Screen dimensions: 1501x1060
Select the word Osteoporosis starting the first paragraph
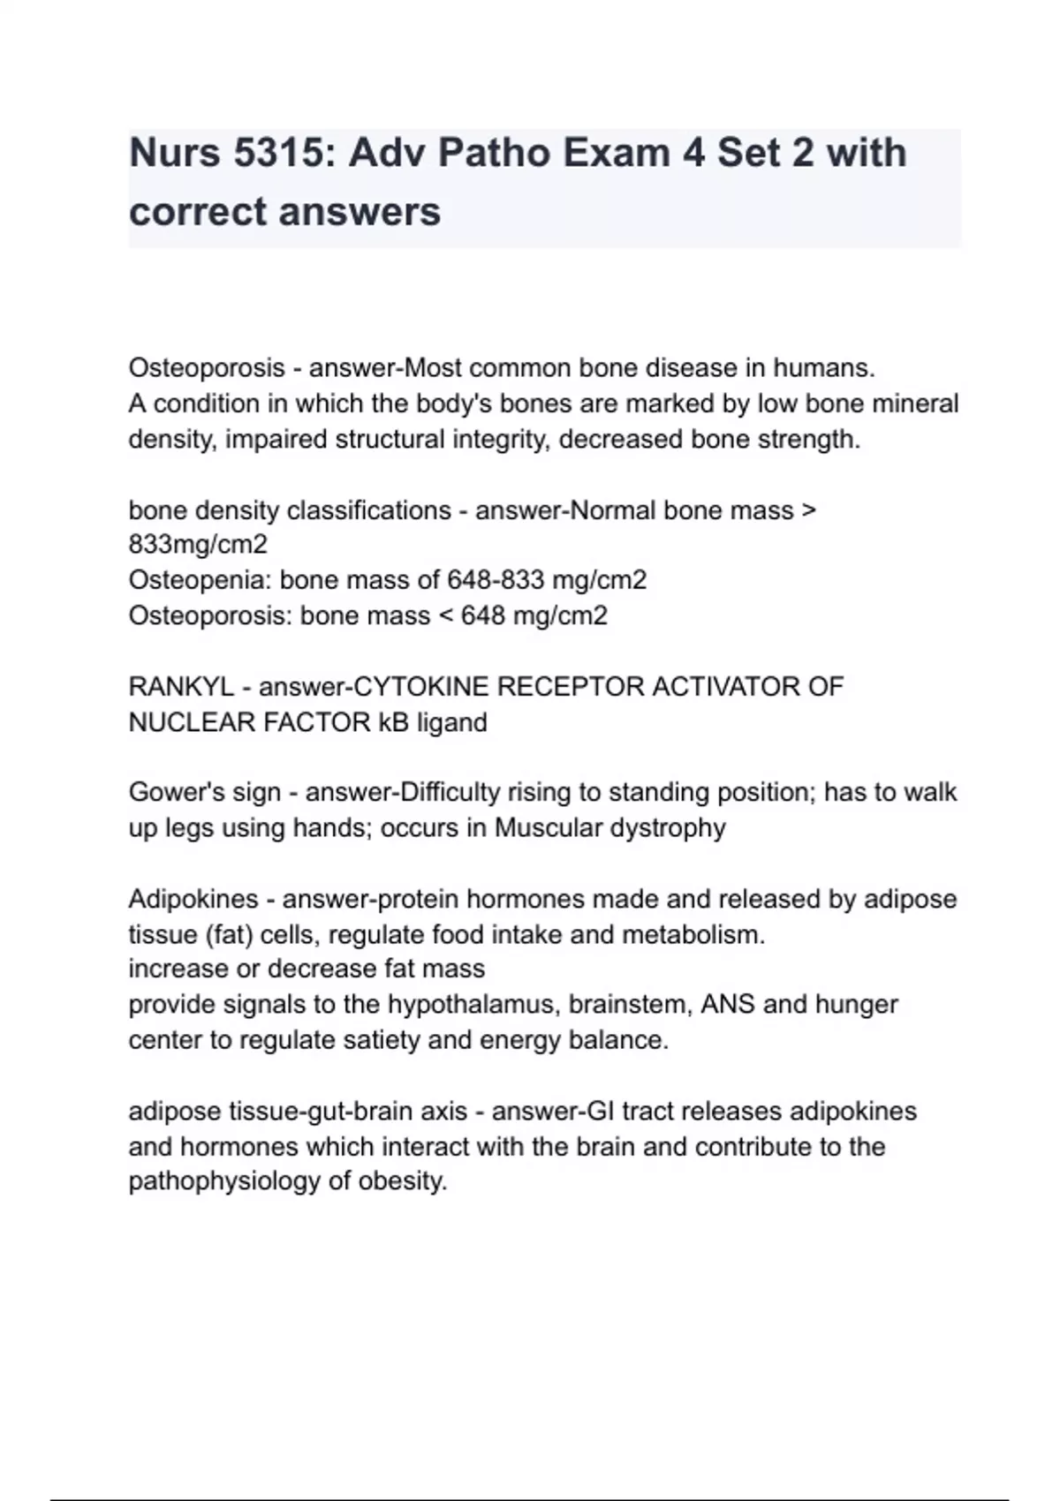207,367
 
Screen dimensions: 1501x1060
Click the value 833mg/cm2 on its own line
198,545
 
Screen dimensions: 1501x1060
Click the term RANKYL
181,687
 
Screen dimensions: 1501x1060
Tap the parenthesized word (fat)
230,934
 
